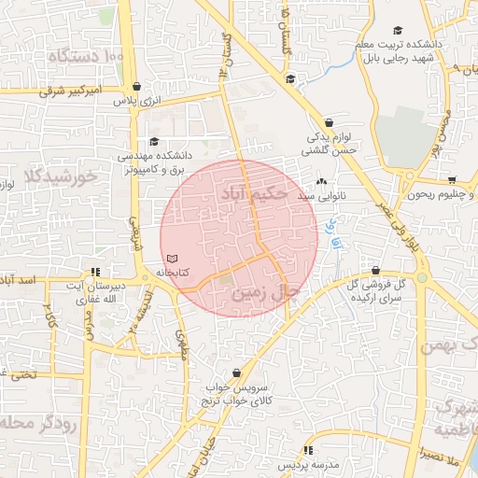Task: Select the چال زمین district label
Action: point(266,293)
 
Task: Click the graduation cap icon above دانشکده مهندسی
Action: point(154,141)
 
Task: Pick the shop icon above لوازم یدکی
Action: point(329,122)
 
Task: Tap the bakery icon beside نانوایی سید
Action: point(322,182)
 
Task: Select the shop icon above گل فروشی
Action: point(375,270)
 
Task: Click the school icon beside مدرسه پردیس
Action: point(309,451)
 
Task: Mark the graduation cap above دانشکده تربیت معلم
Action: point(399,31)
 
